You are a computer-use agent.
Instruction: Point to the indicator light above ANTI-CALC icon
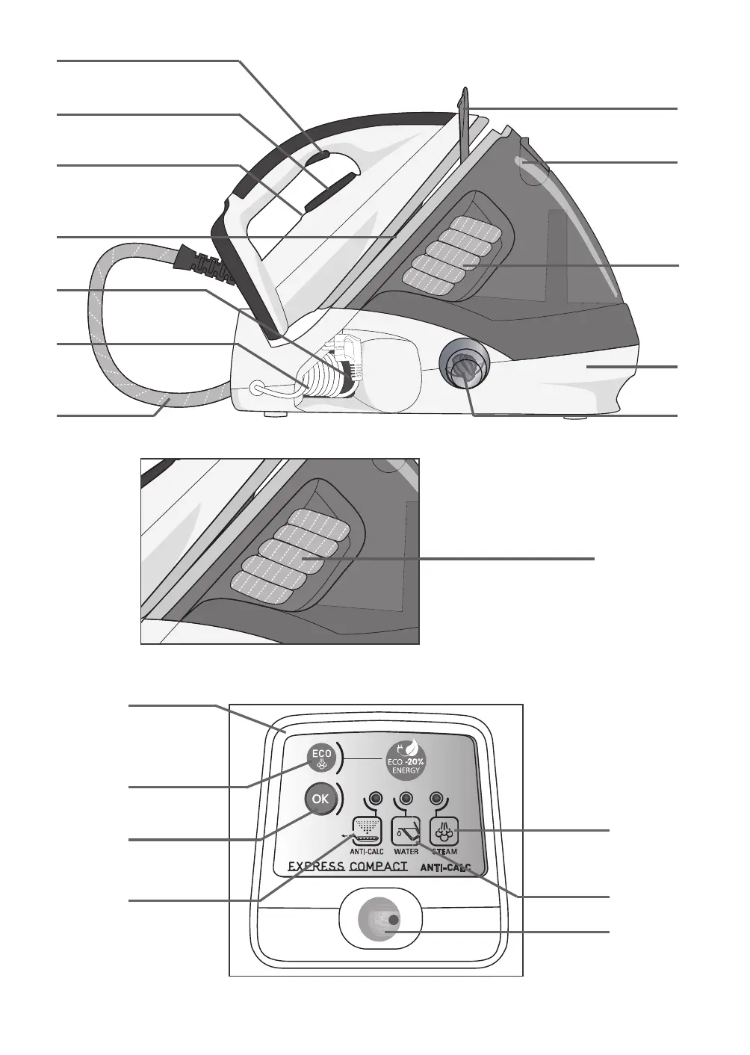375,798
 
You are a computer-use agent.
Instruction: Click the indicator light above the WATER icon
406,798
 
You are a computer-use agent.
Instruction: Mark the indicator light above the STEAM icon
437,798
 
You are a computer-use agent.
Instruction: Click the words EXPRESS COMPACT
347,867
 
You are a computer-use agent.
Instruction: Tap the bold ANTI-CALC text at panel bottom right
446,868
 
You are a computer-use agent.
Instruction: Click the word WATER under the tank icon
406,851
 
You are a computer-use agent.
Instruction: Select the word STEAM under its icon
444,851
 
